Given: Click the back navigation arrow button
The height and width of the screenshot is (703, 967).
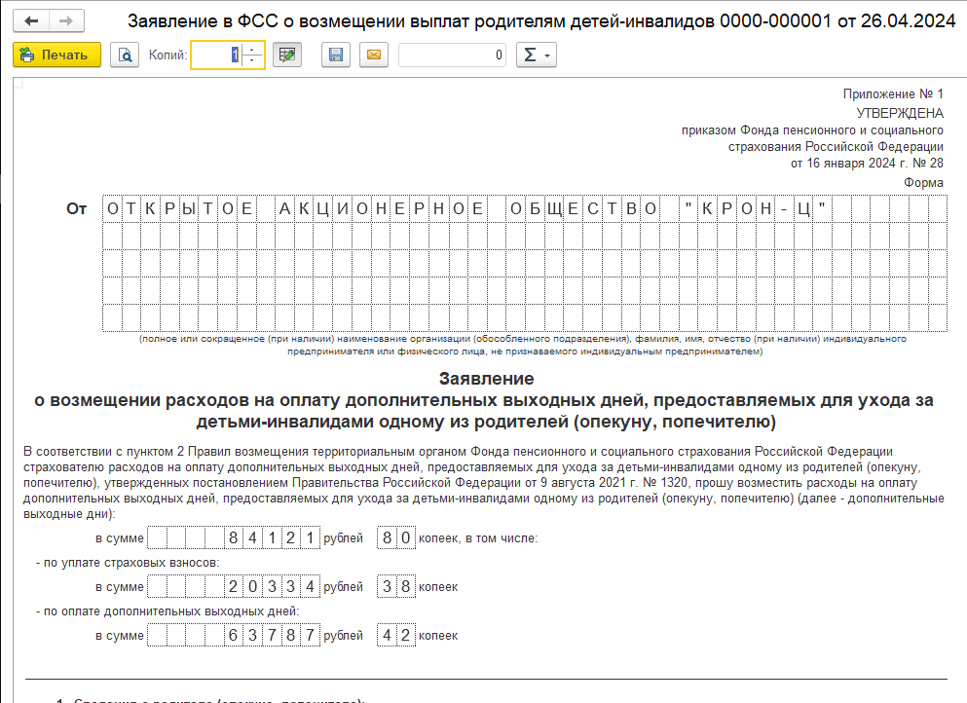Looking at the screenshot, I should [x=31, y=20].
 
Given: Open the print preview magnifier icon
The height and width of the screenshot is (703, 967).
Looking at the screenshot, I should [x=125, y=55].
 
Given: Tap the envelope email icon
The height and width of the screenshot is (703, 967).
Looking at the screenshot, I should [x=372, y=55].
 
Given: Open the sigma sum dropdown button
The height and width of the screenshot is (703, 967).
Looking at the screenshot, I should [x=536, y=55].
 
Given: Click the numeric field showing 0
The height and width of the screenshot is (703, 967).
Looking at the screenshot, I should [x=453, y=55].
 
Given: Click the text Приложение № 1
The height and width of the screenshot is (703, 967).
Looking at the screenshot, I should [x=893, y=94].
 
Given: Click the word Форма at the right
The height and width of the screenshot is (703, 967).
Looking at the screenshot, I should [x=923, y=182].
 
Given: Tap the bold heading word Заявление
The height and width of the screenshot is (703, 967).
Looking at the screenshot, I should [x=486, y=378].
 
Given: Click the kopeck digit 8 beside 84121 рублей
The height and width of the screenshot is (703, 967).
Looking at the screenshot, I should [x=386, y=536].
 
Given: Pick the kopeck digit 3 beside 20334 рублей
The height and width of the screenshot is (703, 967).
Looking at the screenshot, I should [x=386, y=586].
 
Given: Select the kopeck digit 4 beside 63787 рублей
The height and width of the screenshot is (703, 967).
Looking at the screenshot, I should [x=386, y=636].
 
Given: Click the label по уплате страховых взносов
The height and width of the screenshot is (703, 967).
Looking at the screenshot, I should [x=127, y=562].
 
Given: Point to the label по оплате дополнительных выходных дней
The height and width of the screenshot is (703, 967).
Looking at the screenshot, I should [x=167, y=611].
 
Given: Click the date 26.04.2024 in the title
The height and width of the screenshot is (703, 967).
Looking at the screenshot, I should [x=909, y=20].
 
